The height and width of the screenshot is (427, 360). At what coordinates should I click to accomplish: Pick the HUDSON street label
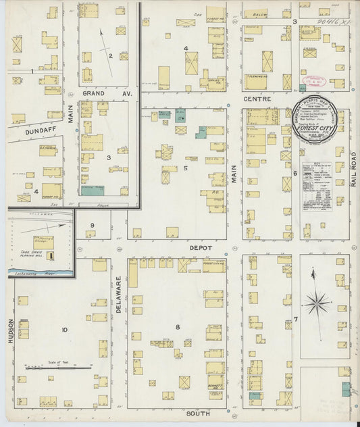coord(11,331)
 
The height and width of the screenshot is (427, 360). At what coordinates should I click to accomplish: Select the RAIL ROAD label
coord(353,169)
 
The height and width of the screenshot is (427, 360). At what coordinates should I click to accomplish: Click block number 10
coord(64,330)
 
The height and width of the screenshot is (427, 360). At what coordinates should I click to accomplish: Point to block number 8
coord(178,327)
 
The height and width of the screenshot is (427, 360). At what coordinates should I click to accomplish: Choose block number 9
coord(93,225)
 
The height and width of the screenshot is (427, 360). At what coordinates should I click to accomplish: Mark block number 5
coord(184,168)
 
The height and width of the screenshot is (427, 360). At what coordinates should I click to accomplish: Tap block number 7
coord(295,318)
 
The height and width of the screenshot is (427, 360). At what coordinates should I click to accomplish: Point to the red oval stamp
coord(317,81)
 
